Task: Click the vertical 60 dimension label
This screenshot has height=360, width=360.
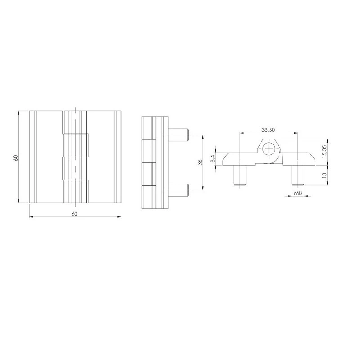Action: click(16, 158)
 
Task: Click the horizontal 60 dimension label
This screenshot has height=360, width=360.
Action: click(75, 214)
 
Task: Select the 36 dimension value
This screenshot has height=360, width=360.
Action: click(200, 162)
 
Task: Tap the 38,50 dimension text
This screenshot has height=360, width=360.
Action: click(268, 130)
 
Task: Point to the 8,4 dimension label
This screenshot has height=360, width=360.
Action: click(213, 158)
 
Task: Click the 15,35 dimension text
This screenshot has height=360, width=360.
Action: click(324, 152)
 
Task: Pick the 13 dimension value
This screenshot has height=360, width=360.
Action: click(324, 175)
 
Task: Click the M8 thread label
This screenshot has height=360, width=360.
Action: click(298, 193)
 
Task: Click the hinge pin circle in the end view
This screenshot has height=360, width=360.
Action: click(269, 149)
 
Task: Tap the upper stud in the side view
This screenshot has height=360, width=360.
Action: click(178, 135)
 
